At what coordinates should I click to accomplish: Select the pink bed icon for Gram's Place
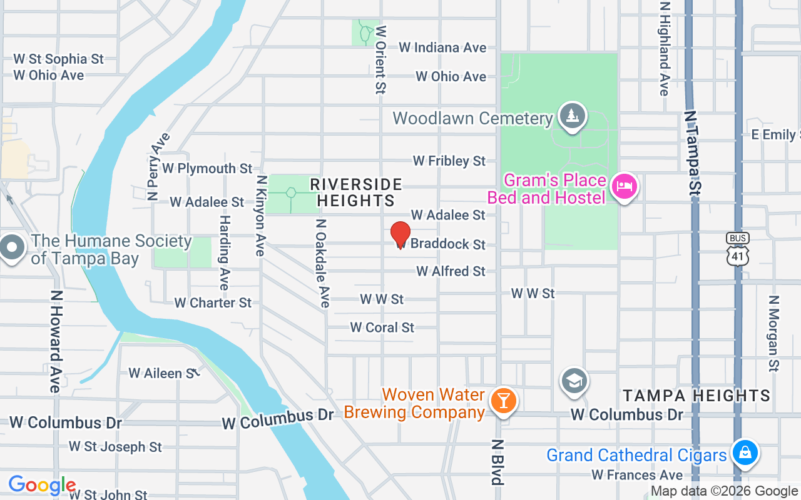click(x=624, y=186)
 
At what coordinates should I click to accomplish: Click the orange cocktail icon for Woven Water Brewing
click(x=503, y=400)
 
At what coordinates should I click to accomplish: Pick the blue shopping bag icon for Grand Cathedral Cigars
click(x=745, y=452)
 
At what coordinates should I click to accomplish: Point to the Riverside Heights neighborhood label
click(x=356, y=192)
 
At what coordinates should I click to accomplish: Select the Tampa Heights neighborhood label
click(x=696, y=396)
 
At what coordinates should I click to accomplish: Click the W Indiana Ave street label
click(x=442, y=47)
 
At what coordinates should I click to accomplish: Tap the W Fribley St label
click(x=449, y=161)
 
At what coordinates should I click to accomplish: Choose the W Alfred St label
click(x=451, y=271)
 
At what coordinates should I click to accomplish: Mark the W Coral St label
click(x=382, y=327)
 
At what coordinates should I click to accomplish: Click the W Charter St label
click(x=213, y=302)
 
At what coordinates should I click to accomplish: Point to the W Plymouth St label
click(x=207, y=169)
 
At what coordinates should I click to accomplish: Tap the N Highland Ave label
click(x=665, y=49)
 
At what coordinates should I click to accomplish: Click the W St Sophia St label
click(x=58, y=59)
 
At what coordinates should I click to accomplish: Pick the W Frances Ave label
click(x=637, y=476)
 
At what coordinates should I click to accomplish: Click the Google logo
click(x=42, y=485)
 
